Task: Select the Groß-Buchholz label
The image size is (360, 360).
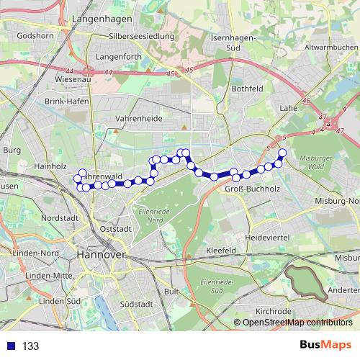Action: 248,189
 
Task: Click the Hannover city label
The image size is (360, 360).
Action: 101,255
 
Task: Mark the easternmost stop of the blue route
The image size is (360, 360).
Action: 282,153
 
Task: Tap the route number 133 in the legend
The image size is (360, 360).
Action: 30,346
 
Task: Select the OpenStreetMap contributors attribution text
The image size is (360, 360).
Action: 297,322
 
